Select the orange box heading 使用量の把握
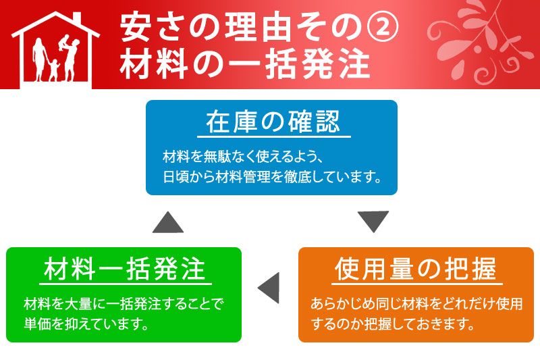pos(416,269)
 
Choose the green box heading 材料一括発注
pos(125,269)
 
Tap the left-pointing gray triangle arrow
pos(269,288)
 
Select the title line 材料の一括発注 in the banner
pos(245,64)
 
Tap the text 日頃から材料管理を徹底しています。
pos(272,178)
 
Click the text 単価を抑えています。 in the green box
pos(86,324)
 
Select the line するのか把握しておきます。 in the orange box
pos(394,324)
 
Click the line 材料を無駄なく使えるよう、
pos(242,157)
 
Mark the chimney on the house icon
pos(77,19)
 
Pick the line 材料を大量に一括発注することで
pos(124,304)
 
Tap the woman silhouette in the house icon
pos(39,59)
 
